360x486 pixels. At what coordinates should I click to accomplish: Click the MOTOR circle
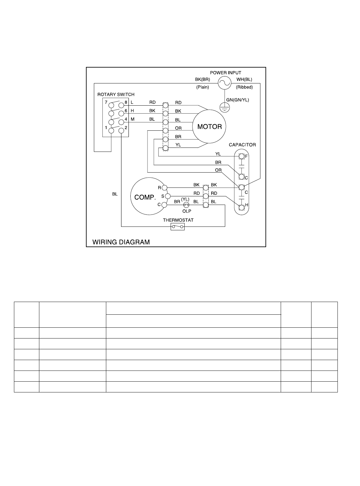(209, 127)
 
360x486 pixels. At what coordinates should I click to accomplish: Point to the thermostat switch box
(178, 227)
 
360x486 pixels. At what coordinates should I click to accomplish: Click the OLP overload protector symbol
(186, 205)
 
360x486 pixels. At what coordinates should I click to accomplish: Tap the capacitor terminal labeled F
(241, 156)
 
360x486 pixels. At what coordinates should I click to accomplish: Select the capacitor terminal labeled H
(241, 207)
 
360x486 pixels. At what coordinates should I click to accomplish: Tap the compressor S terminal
(168, 196)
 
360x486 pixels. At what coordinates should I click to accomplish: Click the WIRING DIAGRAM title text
(121, 242)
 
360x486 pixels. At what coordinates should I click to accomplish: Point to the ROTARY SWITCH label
(116, 95)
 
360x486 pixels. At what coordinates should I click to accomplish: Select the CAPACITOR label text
(242, 145)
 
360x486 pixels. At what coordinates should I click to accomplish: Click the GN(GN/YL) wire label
(238, 100)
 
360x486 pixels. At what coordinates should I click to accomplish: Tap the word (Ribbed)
(244, 87)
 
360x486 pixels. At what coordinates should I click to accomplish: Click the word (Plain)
(202, 87)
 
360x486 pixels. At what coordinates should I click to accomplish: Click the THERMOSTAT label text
(178, 220)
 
